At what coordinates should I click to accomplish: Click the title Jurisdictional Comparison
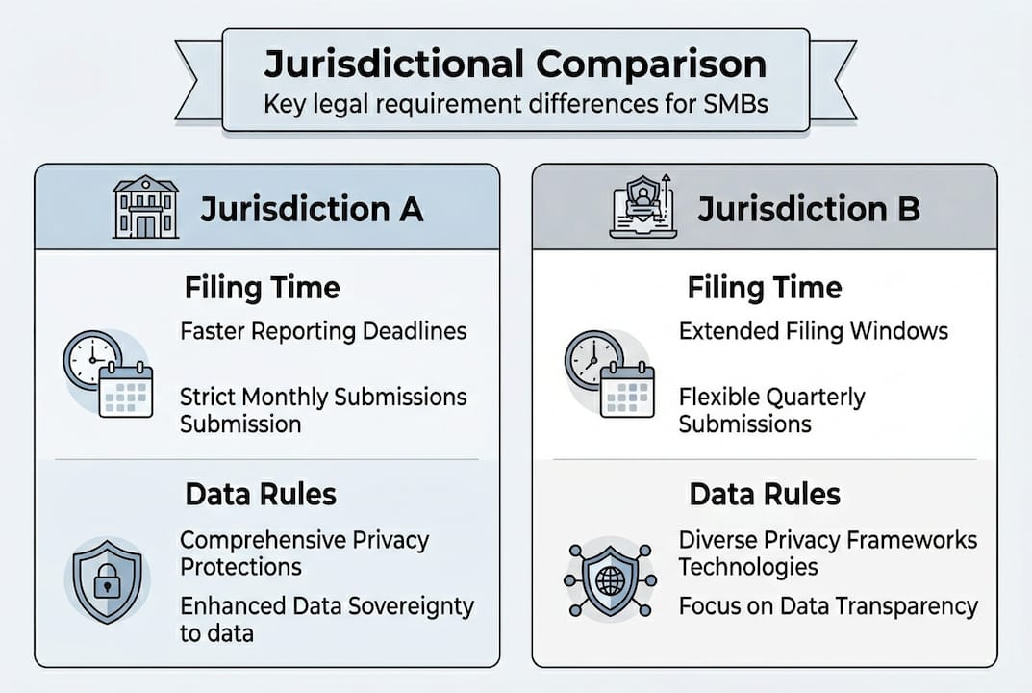(516, 64)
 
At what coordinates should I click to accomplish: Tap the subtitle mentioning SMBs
(516, 103)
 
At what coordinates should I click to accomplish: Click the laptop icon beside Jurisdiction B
(642, 207)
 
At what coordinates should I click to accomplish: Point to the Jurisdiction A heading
(311, 209)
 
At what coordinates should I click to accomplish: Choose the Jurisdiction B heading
(808, 209)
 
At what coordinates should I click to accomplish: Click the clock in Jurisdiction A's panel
(91, 359)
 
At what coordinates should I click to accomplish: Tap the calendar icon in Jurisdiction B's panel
(626, 390)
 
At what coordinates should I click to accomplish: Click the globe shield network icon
(610, 581)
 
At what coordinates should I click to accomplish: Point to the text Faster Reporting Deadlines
(323, 331)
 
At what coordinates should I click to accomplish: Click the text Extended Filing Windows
(813, 331)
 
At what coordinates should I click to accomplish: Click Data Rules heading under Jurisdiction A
(261, 495)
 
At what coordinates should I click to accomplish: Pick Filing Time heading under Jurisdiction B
(765, 287)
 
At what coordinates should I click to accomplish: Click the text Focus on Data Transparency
(827, 606)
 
